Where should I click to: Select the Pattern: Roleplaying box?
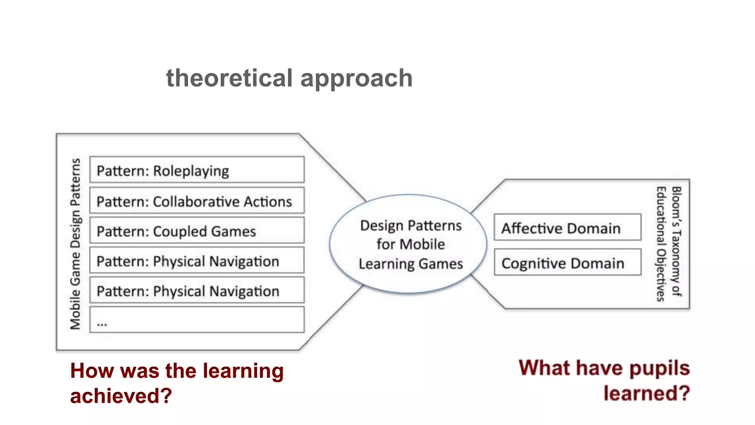197,170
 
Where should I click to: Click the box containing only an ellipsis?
197,319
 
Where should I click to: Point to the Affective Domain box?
567,227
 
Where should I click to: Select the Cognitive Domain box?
567,262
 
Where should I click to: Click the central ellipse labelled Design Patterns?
408,244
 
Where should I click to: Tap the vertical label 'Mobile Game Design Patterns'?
75,243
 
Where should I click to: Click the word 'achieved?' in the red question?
121,396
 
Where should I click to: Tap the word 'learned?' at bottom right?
646,393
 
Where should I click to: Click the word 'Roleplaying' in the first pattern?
191,171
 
